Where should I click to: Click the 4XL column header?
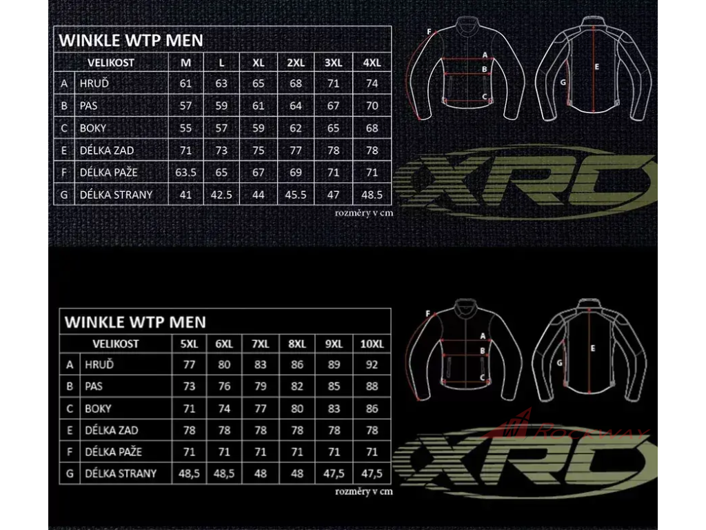372,63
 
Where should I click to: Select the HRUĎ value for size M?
185,84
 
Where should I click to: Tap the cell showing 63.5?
185,173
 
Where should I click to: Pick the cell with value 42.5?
221,195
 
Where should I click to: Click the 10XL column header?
372,344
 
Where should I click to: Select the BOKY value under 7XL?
261,409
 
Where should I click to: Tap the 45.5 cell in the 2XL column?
296,195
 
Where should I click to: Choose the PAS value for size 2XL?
296,106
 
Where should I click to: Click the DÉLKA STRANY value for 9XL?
334,474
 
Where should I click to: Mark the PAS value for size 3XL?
334,106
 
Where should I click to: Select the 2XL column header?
296,63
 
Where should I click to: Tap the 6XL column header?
224,344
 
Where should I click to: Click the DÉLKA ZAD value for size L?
221,150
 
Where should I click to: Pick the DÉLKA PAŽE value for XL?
258,173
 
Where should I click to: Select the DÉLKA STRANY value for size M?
185,195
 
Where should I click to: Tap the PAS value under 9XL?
334,386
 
